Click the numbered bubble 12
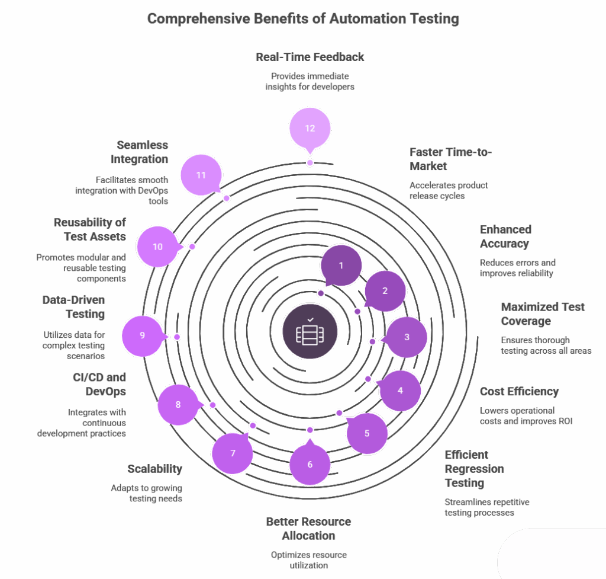point(310,129)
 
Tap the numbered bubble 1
point(341,265)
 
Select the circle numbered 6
point(310,464)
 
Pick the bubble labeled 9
point(142,335)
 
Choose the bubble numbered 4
point(400,391)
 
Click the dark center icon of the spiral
point(310,331)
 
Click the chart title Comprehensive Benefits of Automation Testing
point(303,19)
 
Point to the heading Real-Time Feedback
point(310,57)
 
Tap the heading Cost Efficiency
point(519,392)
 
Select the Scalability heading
point(154,469)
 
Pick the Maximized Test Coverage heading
point(542,314)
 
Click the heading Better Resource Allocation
point(308,529)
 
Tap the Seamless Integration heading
point(142,152)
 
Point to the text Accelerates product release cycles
point(449,190)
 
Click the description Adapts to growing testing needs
point(147,493)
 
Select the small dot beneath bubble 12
point(310,162)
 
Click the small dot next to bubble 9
point(176,337)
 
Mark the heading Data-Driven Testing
point(73,307)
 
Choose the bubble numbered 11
point(201,175)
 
